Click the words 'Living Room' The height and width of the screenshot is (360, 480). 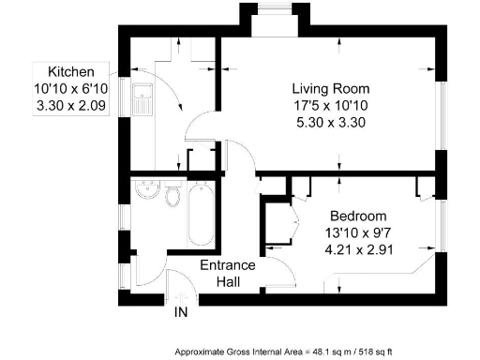[x=322, y=87]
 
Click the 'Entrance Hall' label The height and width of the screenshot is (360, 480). [x=229, y=274]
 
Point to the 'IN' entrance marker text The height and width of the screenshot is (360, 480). [x=181, y=312]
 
